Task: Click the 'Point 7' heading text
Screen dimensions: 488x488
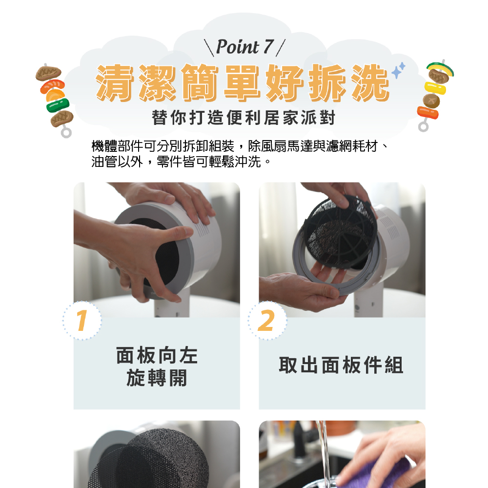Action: pyautogui.click(x=244, y=47)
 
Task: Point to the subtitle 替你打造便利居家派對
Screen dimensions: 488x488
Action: pyautogui.click(x=244, y=118)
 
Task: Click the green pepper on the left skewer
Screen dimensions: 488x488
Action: pyautogui.click(x=58, y=104)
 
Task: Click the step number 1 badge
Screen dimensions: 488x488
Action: pyautogui.click(x=82, y=321)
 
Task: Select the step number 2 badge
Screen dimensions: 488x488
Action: pyautogui.click(x=267, y=321)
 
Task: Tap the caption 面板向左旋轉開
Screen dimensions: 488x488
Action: pyautogui.click(x=157, y=366)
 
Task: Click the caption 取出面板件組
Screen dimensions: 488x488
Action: pyautogui.click(x=341, y=365)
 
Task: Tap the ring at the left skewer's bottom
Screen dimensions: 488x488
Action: pyautogui.click(x=66, y=132)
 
